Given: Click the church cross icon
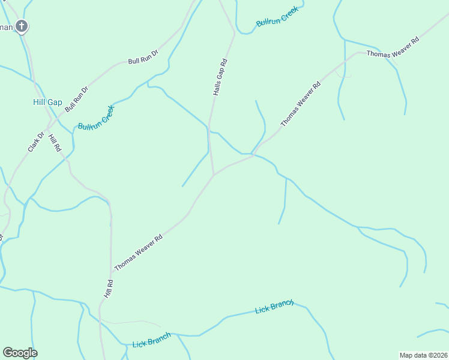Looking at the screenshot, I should click(22, 26).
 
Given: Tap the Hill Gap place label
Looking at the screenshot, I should click(47, 103).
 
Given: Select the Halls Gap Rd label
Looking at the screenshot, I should click(220, 77).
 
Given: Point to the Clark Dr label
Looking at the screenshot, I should click(36, 142).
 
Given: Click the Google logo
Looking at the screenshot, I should click(20, 352).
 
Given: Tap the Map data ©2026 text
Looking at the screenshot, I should click(423, 355).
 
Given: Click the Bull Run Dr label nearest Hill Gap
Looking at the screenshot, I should click(76, 99).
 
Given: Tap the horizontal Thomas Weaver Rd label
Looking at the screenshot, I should click(392, 54).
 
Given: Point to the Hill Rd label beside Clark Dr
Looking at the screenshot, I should click(55, 143).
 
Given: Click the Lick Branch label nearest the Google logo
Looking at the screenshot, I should click(151, 340).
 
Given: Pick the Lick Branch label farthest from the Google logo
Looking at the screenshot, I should click(274, 307).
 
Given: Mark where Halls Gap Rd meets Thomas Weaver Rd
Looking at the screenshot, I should click(214, 175).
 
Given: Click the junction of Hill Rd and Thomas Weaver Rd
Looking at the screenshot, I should click(111, 273).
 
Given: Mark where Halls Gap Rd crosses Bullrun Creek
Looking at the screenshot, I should click(208, 128).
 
